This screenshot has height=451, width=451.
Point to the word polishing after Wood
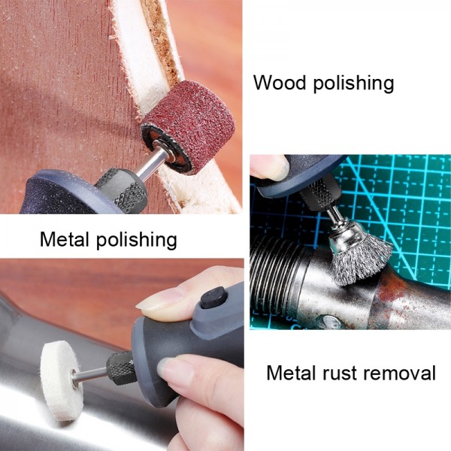tap(353, 83)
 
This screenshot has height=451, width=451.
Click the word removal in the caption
tap(403, 373)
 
